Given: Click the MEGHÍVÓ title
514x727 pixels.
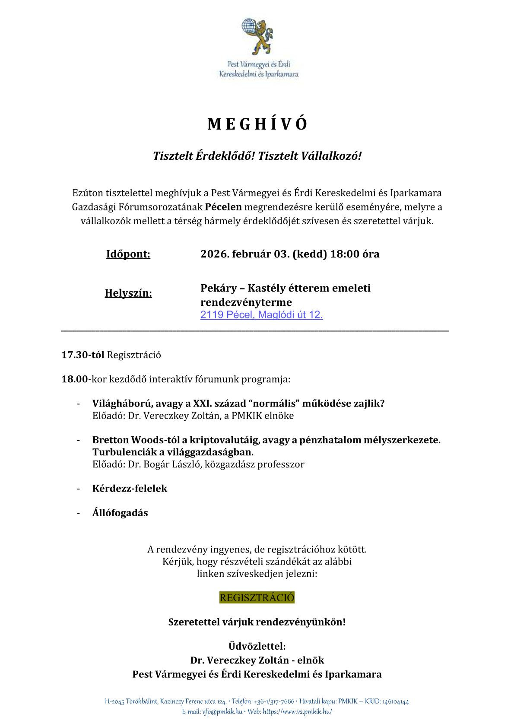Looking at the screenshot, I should pos(257,124).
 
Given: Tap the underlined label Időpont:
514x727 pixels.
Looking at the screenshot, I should pos(128,254).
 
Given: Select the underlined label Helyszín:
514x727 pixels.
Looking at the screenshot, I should pos(128,294).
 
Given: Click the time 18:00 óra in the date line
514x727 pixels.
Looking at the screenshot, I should pos(355,254).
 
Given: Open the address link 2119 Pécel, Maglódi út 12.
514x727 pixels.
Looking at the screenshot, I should pos(261,315).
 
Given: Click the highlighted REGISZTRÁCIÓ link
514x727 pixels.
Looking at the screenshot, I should pos(257,597).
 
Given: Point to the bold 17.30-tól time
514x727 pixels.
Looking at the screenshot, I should pos(83,355).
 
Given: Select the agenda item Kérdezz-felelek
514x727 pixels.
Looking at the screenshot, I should pos(130,489).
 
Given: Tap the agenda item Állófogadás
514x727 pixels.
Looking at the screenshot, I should pos(120,513).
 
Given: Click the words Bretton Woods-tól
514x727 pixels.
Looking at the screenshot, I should pos(133,440).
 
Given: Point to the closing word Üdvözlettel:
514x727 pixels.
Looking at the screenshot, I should pos(257,647).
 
